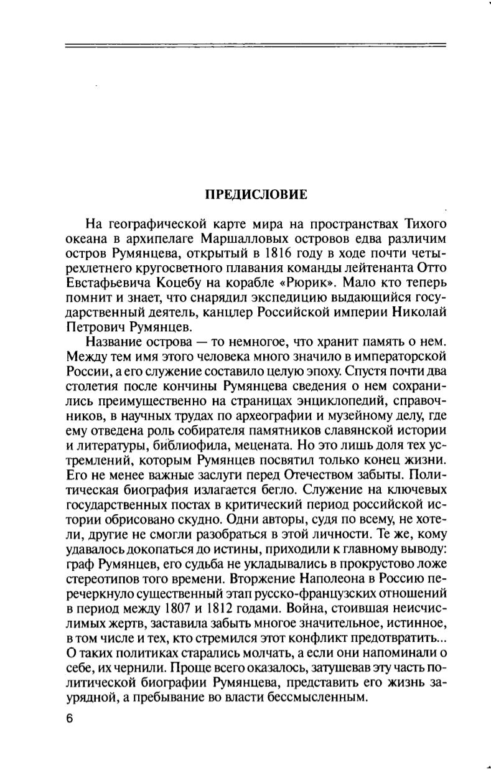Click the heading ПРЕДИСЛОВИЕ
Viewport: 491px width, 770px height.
[x=256, y=194]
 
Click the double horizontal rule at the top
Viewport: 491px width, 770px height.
[x=256, y=45]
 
